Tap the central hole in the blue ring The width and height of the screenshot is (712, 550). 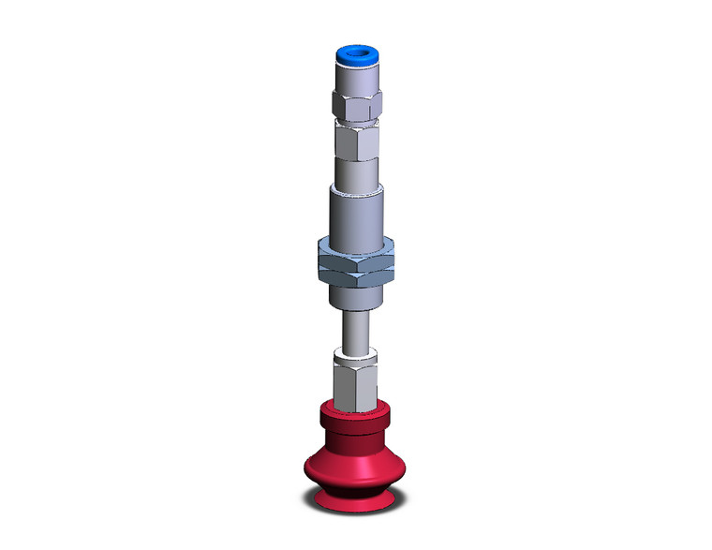(356, 54)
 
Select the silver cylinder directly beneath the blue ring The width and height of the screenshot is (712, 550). (356, 80)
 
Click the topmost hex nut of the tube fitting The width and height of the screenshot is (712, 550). (356, 108)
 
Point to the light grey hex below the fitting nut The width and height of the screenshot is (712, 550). (356, 142)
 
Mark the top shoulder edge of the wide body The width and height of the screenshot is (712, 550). (356, 186)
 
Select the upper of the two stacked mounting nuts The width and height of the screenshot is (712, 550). (356, 251)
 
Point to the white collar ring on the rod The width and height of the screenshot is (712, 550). (356, 353)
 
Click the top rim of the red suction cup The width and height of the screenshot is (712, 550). (356, 409)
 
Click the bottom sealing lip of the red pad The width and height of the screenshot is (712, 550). (356, 505)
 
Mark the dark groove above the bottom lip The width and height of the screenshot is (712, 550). (356, 490)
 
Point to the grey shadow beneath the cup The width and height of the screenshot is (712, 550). (356, 516)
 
